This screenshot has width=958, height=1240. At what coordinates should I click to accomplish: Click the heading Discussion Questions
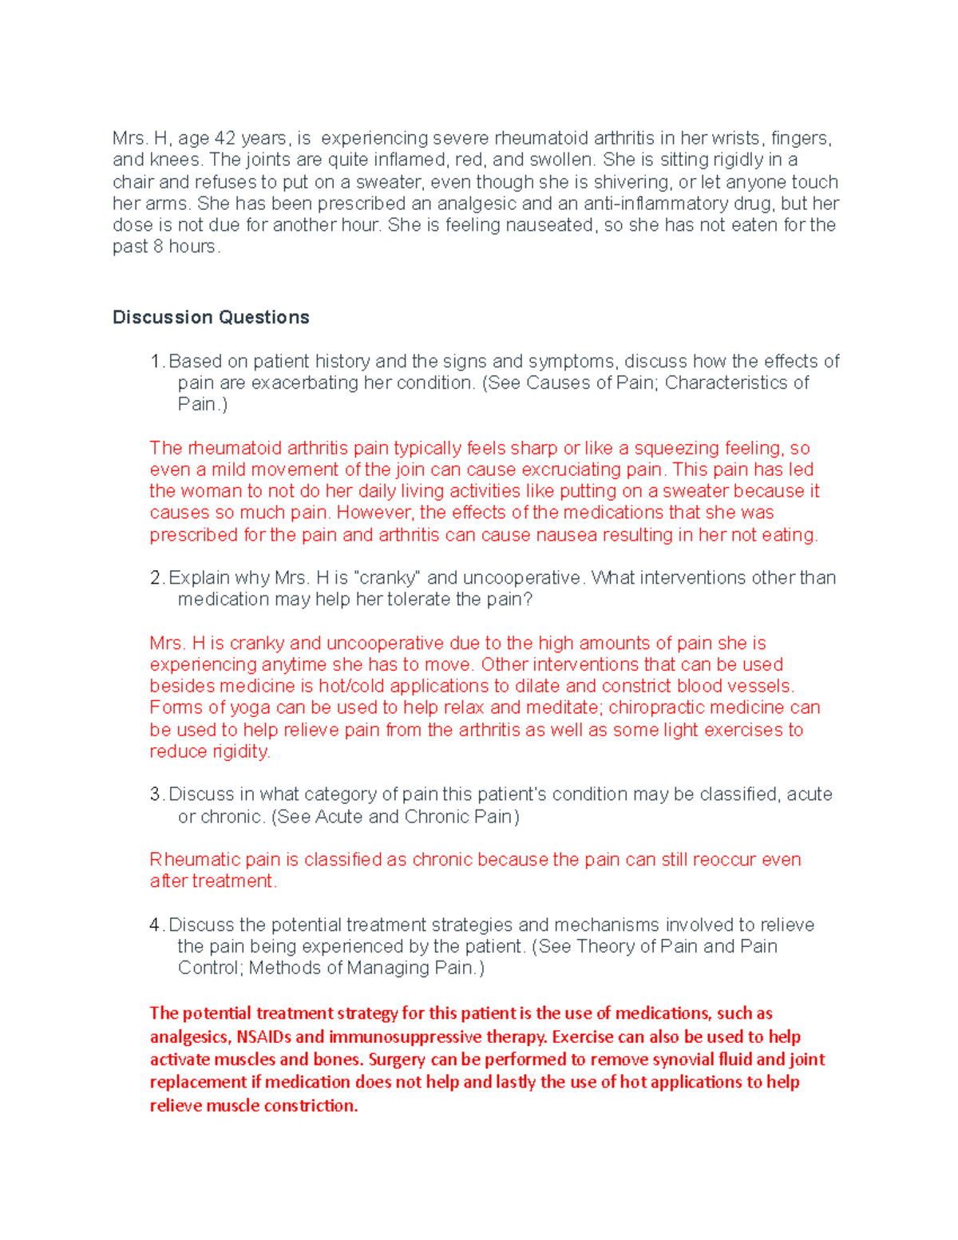(211, 317)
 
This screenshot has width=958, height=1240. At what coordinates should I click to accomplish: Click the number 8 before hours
(158, 247)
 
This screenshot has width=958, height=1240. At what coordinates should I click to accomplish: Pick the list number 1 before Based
(156, 361)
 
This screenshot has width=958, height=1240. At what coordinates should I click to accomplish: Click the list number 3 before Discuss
(156, 794)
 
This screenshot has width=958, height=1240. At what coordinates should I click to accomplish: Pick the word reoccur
(723, 859)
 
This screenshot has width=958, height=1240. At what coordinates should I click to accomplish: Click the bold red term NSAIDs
(263, 1036)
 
